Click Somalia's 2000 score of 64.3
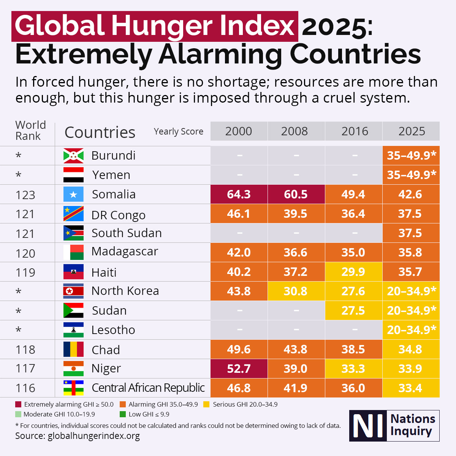pyautogui.click(x=239, y=194)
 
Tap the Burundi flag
pyautogui.click(x=73, y=155)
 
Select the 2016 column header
pyautogui.click(x=355, y=131)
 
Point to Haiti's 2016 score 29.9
pyautogui.click(x=353, y=272)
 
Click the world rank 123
pyautogui.click(x=25, y=195)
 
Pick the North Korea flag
pyautogui.click(x=73, y=291)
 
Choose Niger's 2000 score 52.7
pyautogui.click(x=239, y=369)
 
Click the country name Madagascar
pyautogui.click(x=125, y=252)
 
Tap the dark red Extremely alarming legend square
pyautogui.click(x=18, y=404)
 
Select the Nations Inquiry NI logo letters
pyautogui.click(x=367, y=426)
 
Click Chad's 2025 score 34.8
pyautogui.click(x=410, y=349)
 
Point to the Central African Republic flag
pyautogui.click(x=73, y=388)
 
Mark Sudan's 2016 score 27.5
pyautogui.click(x=353, y=310)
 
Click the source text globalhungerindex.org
pyautogui.click(x=93, y=436)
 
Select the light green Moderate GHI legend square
pyautogui.click(x=18, y=414)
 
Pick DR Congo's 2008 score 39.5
pyautogui.click(x=295, y=214)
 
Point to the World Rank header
pyautogui.click(x=30, y=130)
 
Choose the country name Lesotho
pyautogui.click(x=113, y=330)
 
